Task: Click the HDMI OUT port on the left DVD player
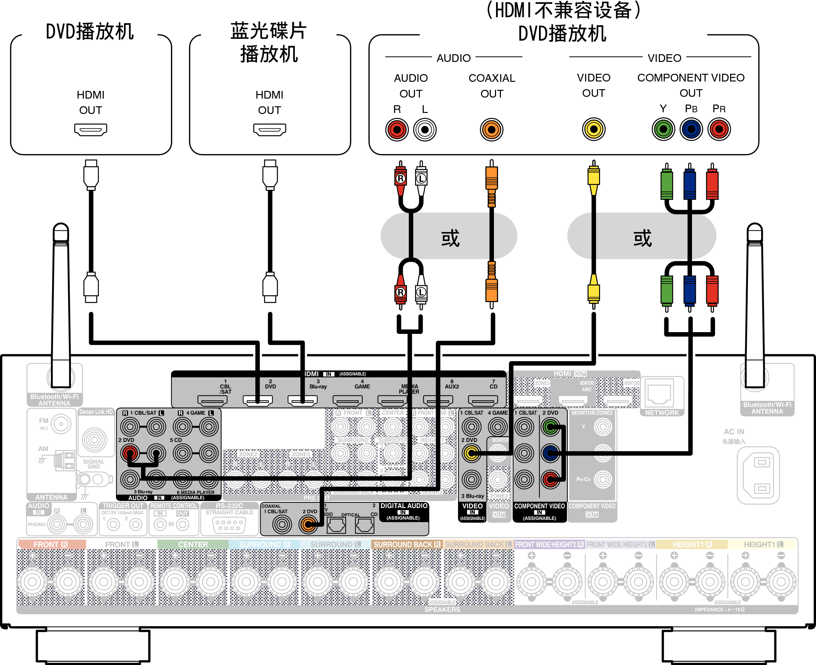point(90,129)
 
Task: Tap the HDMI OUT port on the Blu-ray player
point(269,129)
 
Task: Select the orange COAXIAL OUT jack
point(491,129)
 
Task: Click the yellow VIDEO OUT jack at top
point(593,129)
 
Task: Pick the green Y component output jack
point(663,129)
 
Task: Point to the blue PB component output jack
point(691,129)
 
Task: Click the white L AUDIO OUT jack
point(425,129)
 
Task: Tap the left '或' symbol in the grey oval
point(450,238)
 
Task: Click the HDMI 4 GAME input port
point(348,401)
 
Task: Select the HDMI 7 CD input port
point(483,401)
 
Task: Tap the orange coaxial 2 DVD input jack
point(308,524)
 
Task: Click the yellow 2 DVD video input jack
point(472,453)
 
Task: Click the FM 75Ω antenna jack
point(61,424)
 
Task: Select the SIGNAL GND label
point(93,464)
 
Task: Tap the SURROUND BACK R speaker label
point(407,544)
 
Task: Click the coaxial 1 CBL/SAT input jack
point(282,524)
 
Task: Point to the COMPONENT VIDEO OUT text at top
point(691,85)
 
